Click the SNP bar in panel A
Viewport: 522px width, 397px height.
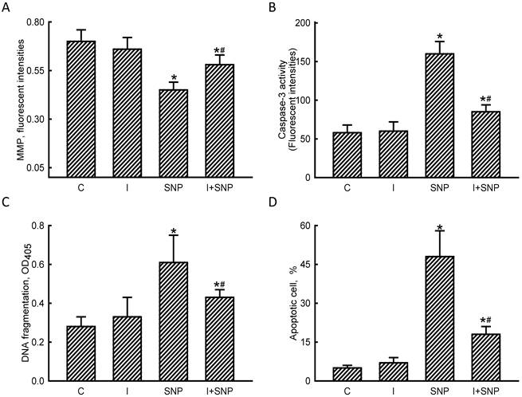click(x=173, y=133)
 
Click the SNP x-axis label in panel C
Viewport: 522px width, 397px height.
click(x=173, y=391)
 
